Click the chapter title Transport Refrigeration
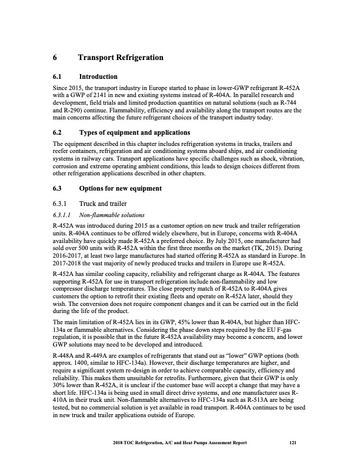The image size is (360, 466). tap(120, 58)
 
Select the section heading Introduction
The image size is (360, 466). tap(98, 77)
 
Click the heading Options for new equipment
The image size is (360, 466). tap(121, 189)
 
